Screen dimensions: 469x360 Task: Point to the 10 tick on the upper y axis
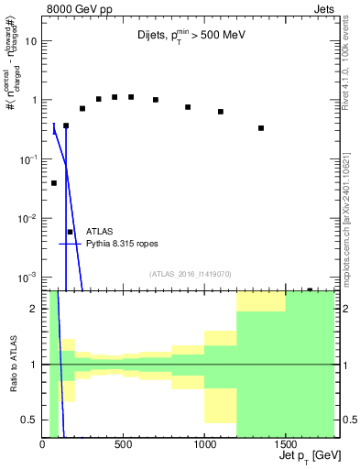31,41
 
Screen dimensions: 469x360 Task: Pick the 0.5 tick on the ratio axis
30,420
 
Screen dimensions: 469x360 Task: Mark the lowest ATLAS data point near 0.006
71,232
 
